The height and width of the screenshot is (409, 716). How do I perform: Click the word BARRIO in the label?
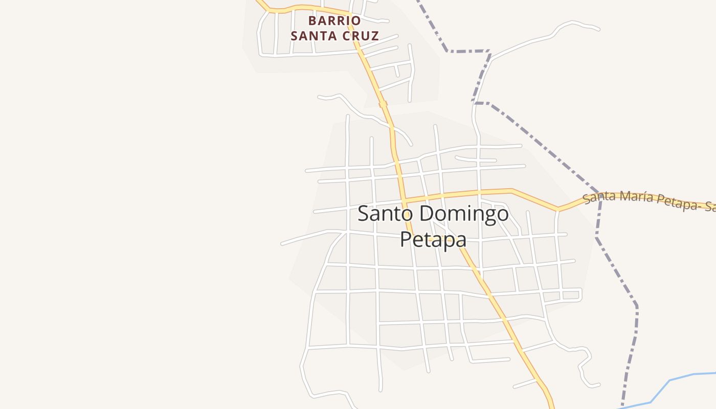(x=334, y=21)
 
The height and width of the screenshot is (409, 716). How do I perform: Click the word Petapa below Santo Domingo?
(x=433, y=239)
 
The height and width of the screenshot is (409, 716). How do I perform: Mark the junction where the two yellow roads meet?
(x=404, y=199)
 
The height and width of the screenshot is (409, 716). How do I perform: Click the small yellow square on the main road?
(x=383, y=104)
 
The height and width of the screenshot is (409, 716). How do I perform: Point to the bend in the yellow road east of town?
(x=558, y=209)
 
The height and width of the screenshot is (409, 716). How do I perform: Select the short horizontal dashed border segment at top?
(x=468, y=52)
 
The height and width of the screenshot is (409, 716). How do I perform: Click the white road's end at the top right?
(x=598, y=30)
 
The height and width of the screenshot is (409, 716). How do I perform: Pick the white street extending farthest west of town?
(x=283, y=244)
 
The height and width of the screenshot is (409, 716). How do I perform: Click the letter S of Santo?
(x=363, y=214)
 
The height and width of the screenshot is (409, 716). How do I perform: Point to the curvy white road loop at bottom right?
(x=586, y=368)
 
